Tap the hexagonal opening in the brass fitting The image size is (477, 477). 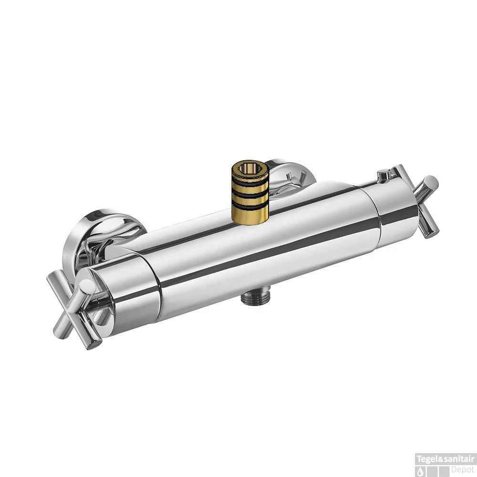click(250, 169)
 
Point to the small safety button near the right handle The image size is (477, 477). click(384, 175)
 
